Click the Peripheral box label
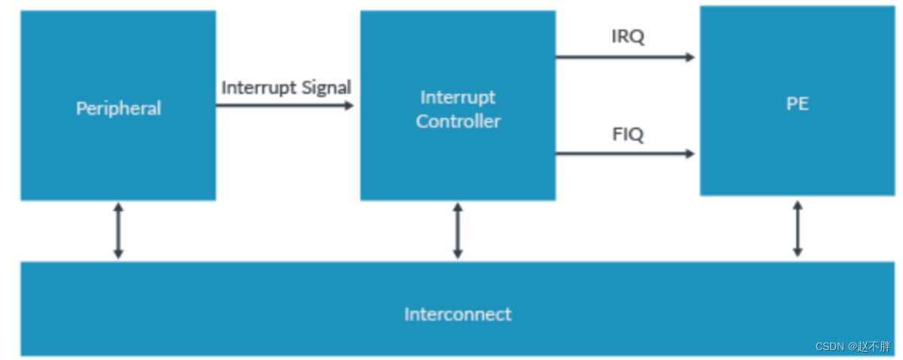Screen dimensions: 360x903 (118, 108)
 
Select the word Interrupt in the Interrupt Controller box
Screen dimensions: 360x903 (458, 97)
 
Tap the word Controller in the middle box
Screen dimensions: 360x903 (458, 121)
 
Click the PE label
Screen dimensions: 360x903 (797, 104)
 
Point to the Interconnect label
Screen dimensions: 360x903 (457, 314)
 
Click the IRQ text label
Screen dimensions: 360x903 (628, 37)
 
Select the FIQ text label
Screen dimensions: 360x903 (628, 135)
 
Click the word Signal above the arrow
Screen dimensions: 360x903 (326, 87)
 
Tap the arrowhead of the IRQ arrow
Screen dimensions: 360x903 (689, 56)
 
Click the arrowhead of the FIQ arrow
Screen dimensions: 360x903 (689, 153)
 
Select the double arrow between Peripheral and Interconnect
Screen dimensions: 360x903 (118, 231)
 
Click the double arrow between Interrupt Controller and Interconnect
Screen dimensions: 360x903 (457, 231)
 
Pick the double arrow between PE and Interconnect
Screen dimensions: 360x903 (797, 228)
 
